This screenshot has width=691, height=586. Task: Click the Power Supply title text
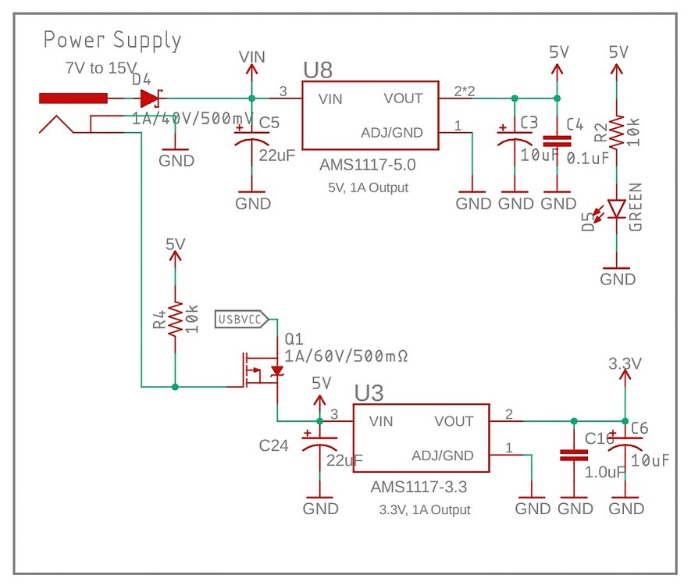(x=112, y=40)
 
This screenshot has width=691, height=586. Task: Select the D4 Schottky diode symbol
(x=150, y=98)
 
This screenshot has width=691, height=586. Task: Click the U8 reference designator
(x=318, y=70)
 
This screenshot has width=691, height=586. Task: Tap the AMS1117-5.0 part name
(x=368, y=166)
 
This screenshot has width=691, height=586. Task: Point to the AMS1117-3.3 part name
(x=419, y=488)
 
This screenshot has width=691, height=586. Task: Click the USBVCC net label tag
(x=240, y=319)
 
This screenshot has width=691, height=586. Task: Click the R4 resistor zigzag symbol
(x=175, y=319)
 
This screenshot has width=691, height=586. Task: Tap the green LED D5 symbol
(x=616, y=209)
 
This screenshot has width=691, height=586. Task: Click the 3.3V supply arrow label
(x=624, y=364)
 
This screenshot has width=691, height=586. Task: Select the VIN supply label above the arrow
(x=251, y=56)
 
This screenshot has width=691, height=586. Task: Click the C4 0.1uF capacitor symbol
(x=556, y=141)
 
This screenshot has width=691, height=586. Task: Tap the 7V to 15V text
(x=100, y=69)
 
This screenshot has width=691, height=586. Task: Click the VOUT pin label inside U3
(x=454, y=422)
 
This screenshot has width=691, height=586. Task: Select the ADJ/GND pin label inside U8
(x=391, y=132)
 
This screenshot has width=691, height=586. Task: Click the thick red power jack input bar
(x=73, y=98)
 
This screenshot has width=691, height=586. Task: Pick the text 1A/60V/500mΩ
(x=347, y=356)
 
